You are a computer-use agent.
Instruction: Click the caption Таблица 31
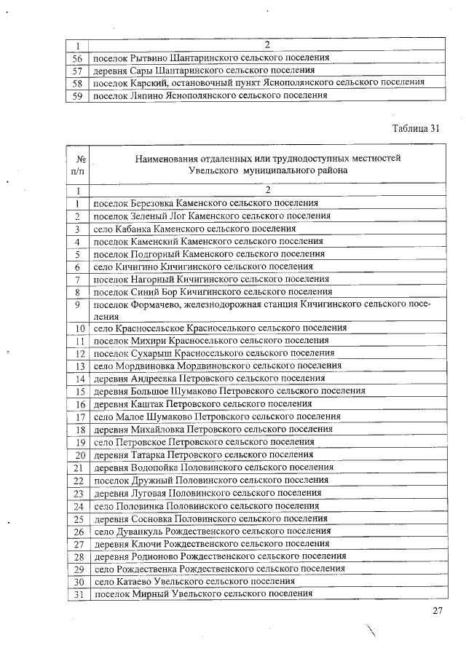coord(416,128)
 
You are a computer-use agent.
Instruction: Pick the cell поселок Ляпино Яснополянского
coord(210,95)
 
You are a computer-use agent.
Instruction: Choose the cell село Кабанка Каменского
coord(189,229)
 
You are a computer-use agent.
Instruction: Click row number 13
coord(79,366)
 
